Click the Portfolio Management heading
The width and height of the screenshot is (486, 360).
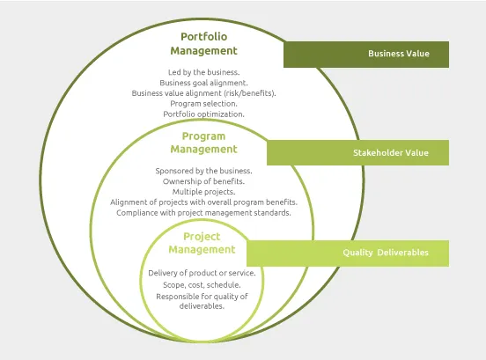tap(203, 44)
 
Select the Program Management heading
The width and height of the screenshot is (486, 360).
tap(203, 143)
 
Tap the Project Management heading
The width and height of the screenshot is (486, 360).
tap(202, 243)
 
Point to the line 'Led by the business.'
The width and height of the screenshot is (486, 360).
tap(203, 71)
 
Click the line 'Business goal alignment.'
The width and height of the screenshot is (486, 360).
tap(203, 82)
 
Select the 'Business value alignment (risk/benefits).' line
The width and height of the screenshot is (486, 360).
tap(203, 92)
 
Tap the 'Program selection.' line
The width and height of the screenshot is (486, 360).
tap(203, 103)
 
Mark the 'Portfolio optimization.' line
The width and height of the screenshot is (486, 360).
tap(203, 114)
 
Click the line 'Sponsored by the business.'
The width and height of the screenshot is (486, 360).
tap(203, 170)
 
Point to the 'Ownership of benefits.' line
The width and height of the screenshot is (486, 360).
tap(203, 180)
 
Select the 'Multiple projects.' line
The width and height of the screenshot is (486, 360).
tap(203, 191)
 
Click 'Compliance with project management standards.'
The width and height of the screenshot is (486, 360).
tap(203, 212)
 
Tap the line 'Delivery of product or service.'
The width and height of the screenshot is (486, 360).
tap(202, 273)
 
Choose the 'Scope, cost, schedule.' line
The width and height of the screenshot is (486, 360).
tap(202, 285)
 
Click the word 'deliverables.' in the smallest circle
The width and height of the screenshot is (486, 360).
tap(202, 306)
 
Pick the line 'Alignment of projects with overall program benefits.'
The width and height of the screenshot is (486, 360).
tap(203, 202)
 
